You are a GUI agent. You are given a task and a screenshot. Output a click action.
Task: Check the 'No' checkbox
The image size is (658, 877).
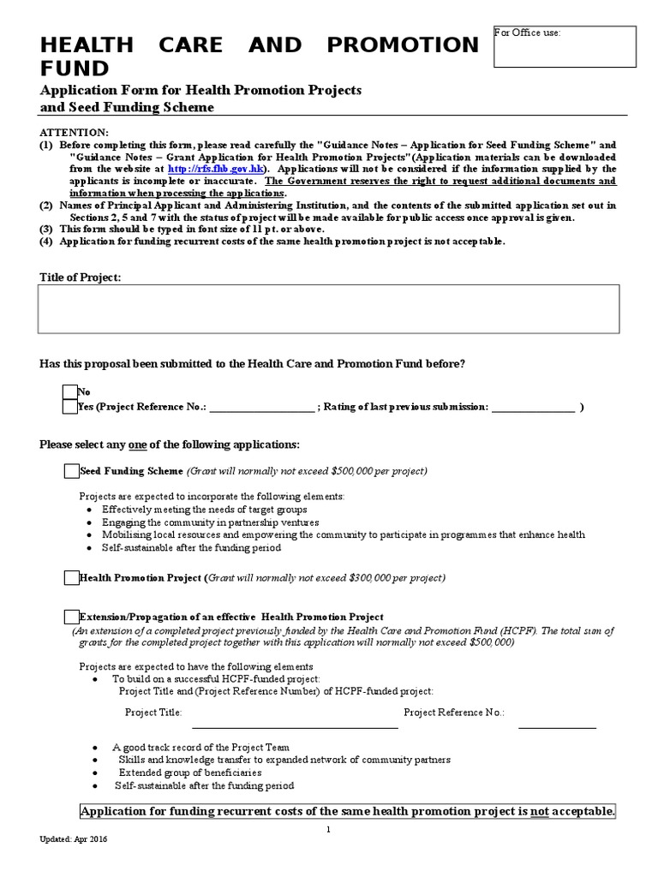[x=70, y=392]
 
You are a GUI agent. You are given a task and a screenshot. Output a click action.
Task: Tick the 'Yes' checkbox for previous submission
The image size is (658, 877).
[x=70, y=407]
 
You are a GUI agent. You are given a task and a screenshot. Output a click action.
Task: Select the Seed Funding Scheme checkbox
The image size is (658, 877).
[x=71, y=471]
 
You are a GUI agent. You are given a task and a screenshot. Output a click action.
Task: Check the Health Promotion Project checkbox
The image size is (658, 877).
[x=71, y=578]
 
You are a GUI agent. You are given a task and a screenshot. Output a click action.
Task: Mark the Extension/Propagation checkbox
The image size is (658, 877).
[x=71, y=617]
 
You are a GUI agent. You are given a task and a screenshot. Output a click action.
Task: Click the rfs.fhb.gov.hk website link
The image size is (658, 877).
[x=201, y=170]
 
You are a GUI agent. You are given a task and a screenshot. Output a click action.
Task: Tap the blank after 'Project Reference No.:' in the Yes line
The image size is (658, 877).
[x=262, y=407]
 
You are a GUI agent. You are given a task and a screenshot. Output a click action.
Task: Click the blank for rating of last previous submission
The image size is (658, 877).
[x=533, y=407]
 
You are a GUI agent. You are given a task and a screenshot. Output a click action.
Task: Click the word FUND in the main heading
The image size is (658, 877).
[x=75, y=69]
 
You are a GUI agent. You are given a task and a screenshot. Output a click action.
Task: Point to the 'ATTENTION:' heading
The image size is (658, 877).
[x=75, y=133]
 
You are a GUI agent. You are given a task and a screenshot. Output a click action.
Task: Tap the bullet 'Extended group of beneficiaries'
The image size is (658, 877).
[x=190, y=773]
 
